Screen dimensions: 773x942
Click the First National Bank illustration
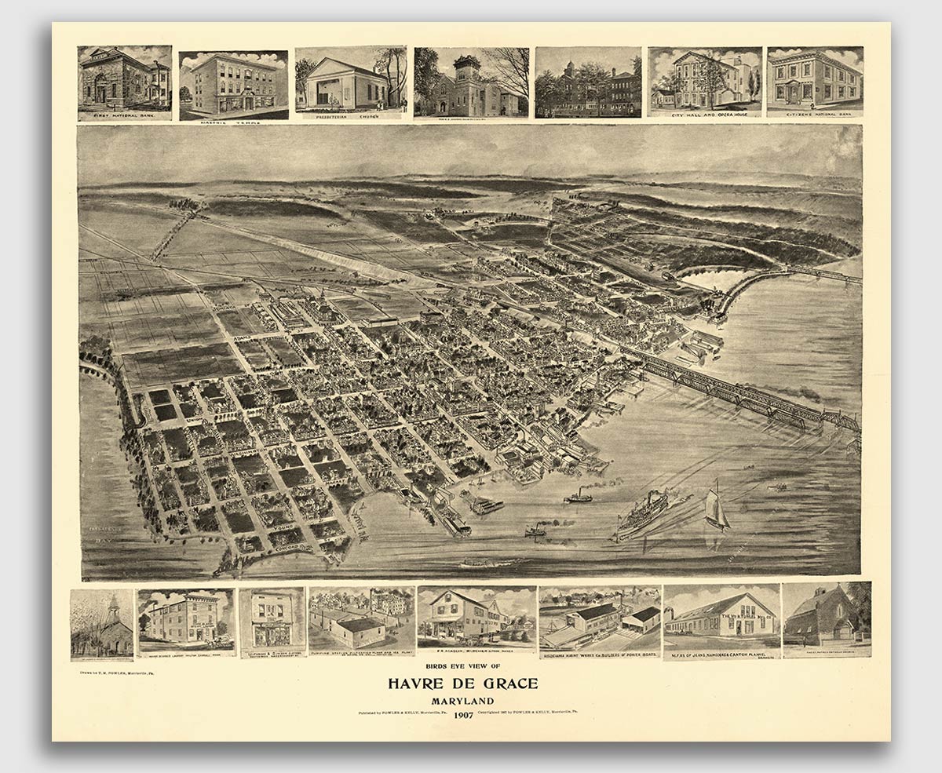click(124, 80)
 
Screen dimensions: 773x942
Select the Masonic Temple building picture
click(233, 83)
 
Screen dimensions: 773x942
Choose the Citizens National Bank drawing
click(814, 80)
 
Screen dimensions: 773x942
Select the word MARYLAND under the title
click(463, 701)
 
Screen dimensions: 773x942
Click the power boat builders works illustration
click(600, 618)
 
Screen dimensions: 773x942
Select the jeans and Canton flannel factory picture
click(721, 617)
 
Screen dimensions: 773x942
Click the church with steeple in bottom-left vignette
click(102, 625)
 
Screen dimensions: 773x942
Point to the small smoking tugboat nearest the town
click(579, 496)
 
